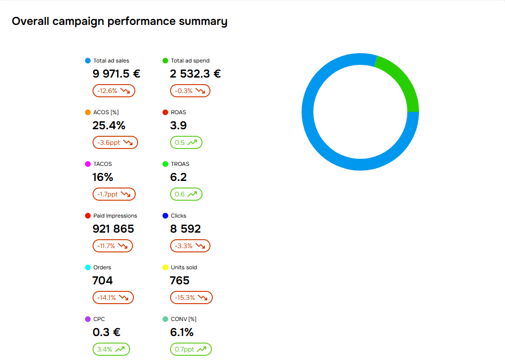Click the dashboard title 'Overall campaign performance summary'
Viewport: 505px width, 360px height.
click(x=119, y=22)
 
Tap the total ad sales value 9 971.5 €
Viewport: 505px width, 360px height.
click(x=117, y=74)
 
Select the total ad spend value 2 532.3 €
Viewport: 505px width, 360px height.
click(x=195, y=74)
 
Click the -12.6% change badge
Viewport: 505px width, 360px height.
click(x=114, y=91)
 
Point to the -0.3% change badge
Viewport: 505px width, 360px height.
click(x=190, y=91)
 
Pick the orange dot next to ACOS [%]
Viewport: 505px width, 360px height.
click(x=88, y=112)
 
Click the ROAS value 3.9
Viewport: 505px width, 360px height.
click(x=179, y=125)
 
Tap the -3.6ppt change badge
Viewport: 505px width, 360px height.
click(x=115, y=142)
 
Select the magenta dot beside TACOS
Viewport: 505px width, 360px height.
click(x=88, y=164)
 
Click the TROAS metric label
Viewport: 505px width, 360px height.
click(x=180, y=164)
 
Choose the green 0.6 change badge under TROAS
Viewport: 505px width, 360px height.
click(x=186, y=194)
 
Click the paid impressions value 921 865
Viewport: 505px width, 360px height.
click(x=113, y=229)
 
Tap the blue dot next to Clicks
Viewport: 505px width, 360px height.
click(x=165, y=216)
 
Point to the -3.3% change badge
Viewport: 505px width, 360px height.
click(x=190, y=246)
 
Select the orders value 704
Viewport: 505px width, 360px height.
click(x=102, y=281)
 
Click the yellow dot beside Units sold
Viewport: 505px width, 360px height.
click(x=165, y=267)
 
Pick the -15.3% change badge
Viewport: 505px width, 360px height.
click(x=191, y=297)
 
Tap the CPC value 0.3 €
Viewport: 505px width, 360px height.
click(x=107, y=332)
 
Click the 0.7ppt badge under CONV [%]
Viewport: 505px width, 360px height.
click(x=191, y=349)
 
